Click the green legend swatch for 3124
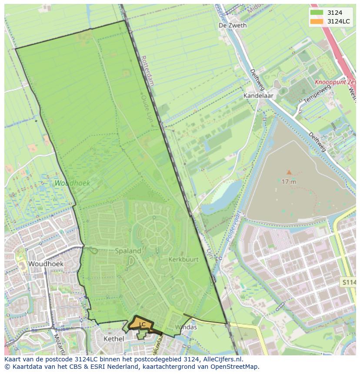point(317,13)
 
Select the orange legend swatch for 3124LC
point(317,21)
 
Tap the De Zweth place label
point(233,25)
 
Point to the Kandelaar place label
point(257,95)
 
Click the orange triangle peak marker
point(289,172)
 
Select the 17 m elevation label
point(288,182)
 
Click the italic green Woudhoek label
point(72,183)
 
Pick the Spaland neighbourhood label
point(128,251)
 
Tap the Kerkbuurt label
point(183,259)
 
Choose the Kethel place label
point(113,338)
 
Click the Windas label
point(186,327)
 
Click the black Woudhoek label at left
point(46,264)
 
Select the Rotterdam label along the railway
point(148,70)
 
